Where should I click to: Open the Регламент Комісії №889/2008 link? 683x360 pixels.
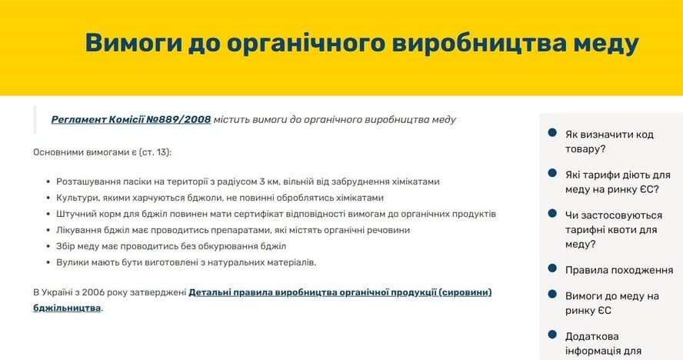pos(131,119)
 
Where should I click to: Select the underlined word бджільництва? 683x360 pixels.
pos(67,308)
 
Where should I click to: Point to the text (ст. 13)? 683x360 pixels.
pos(155,152)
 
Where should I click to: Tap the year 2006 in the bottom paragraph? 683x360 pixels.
pos(93,292)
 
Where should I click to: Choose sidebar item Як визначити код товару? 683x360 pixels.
pos(609,142)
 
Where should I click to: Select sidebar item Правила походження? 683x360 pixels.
pos(619,270)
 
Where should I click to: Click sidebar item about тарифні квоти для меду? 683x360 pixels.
pos(613,230)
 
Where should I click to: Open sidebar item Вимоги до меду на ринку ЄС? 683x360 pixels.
pos(611,303)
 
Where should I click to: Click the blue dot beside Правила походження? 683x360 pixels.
pos(552,268)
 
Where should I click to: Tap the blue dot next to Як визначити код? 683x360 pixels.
pos(552,132)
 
